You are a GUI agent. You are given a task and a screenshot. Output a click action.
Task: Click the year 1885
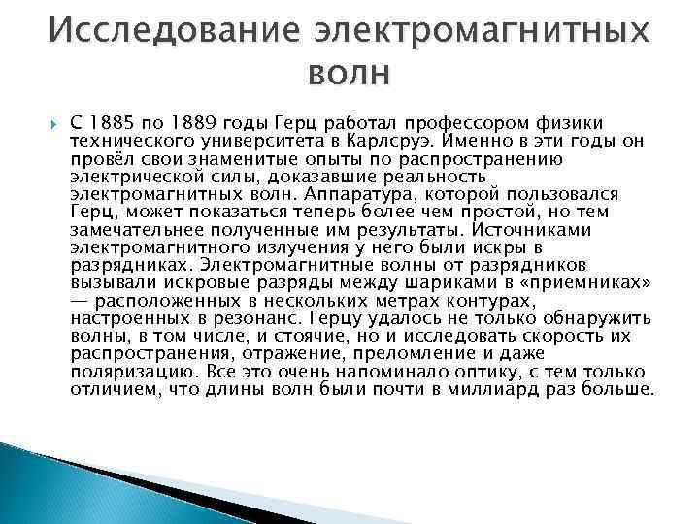click(110, 123)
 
